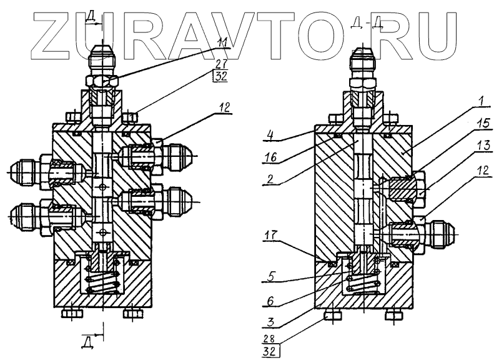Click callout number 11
point(223,42)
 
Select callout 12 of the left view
point(222,108)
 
